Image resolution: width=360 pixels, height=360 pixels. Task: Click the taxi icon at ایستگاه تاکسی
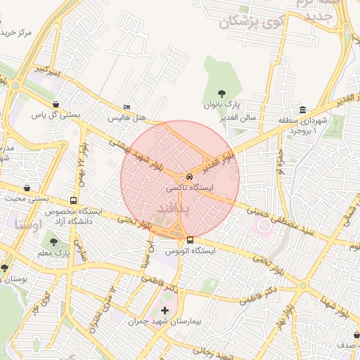click(x=190, y=178)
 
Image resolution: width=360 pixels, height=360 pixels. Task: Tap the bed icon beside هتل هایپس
click(x=126, y=107)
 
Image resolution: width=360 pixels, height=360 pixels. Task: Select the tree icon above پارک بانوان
click(x=223, y=93)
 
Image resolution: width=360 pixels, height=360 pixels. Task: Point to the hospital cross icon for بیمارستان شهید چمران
click(x=165, y=310)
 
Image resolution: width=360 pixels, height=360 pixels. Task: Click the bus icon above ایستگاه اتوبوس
click(x=191, y=240)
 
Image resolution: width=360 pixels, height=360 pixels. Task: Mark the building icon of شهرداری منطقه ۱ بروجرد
click(x=302, y=110)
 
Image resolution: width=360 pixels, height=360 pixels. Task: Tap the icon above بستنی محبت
click(x=27, y=188)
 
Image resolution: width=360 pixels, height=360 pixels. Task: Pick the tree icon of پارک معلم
click(x=53, y=243)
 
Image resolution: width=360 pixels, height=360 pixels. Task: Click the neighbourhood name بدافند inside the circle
click(x=171, y=209)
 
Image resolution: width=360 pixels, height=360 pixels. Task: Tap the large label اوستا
click(x=28, y=224)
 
